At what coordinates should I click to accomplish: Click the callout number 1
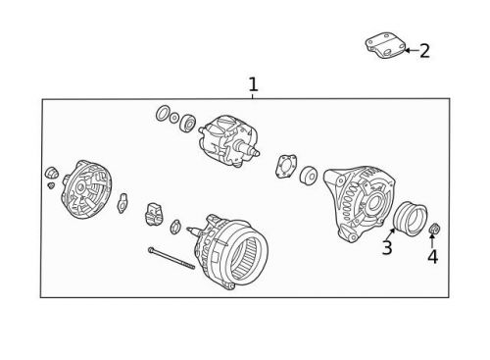pyautogui.click(x=253, y=85)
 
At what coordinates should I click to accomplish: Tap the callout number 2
pyautogui.click(x=424, y=51)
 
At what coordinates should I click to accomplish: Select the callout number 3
pyautogui.click(x=387, y=248)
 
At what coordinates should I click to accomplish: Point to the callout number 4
pyautogui.click(x=432, y=258)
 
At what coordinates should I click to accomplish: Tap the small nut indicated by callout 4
pyautogui.click(x=435, y=231)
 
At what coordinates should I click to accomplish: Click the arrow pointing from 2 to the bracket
pyautogui.click(x=410, y=49)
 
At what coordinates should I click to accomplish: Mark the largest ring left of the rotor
pyautogui.click(x=163, y=113)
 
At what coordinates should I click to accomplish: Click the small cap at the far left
pyautogui.click(x=52, y=175)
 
